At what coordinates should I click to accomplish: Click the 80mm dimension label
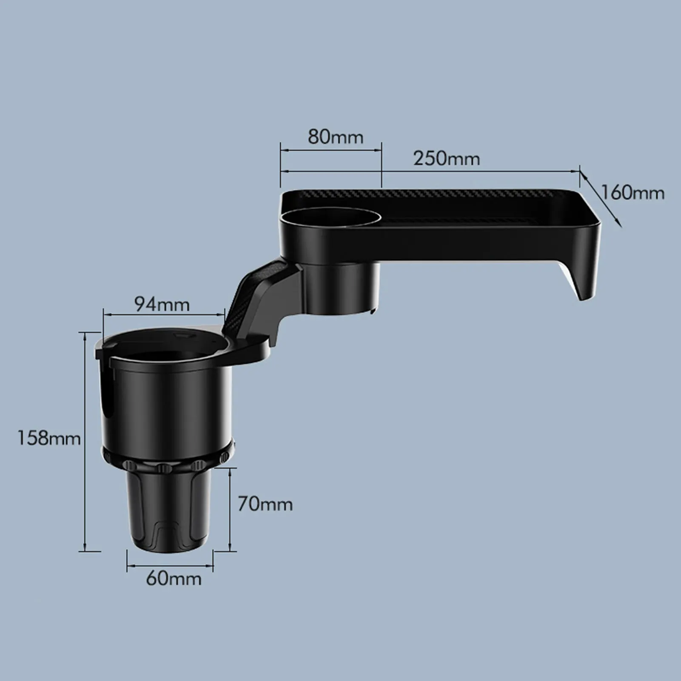(336, 137)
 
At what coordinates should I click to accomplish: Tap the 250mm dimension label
(446, 159)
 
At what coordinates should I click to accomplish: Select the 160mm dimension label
(633, 193)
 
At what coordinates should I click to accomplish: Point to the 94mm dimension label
(162, 305)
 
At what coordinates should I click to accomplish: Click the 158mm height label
(48, 438)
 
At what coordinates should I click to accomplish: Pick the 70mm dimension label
(265, 504)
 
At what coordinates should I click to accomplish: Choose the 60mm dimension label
(174, 579)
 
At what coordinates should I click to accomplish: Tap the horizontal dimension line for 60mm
(170, 566)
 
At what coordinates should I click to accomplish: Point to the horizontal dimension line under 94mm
(164, 315)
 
